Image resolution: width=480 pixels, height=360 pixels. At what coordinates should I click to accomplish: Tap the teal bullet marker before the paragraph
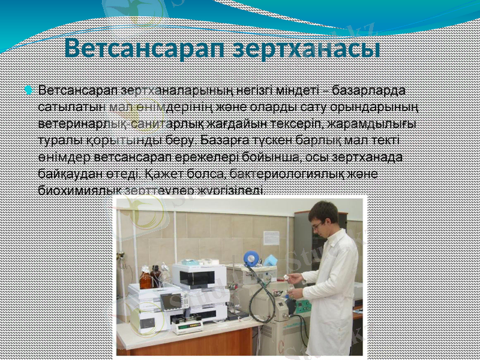(28, 90)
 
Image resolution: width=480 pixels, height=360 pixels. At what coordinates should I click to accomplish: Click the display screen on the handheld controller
(170, 301)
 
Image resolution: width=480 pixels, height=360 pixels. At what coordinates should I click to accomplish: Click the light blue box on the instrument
(269, 260)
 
